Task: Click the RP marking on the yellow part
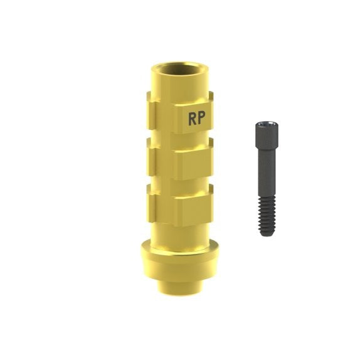point(197,119)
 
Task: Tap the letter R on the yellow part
point(193,119)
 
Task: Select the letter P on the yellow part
point(201,119)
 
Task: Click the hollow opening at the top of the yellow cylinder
point(179,68)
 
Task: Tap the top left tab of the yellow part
point(151,111)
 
